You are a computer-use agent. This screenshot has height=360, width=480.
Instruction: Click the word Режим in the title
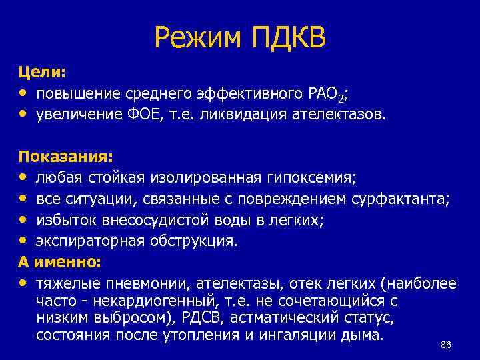pyautogui.click(x=197, y=39)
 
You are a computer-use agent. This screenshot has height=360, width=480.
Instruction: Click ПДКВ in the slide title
pyautogui.click(x=289, y=39)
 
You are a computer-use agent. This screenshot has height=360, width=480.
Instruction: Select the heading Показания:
pyautogui.click(x=65, y=157)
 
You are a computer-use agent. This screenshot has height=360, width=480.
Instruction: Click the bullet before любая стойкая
pyautogui.click(x=24, y=178)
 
